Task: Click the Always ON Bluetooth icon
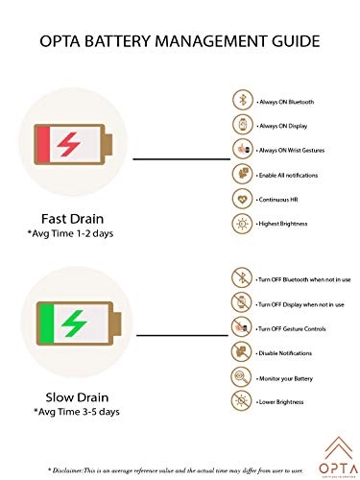[242, 100]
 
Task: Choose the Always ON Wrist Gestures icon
[242, 149]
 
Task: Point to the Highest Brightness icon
[242, 223]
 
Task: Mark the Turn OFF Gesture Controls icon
[242, 328]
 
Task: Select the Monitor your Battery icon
[242, 377]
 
